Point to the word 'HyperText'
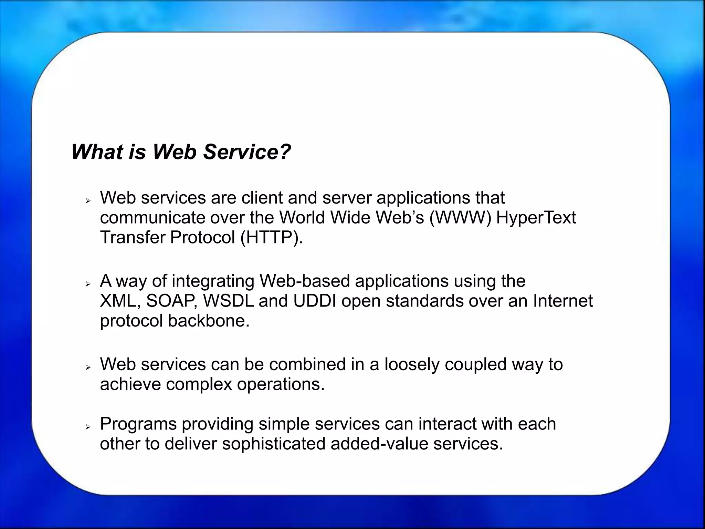tap(536, 218)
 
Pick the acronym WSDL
tap(228, 301)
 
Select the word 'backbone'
tap(208, 321)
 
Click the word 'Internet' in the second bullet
tap(563, 301)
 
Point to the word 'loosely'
tap(412, 365)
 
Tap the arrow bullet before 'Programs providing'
tap(88, 427)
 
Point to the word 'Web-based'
tap(304, 281)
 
